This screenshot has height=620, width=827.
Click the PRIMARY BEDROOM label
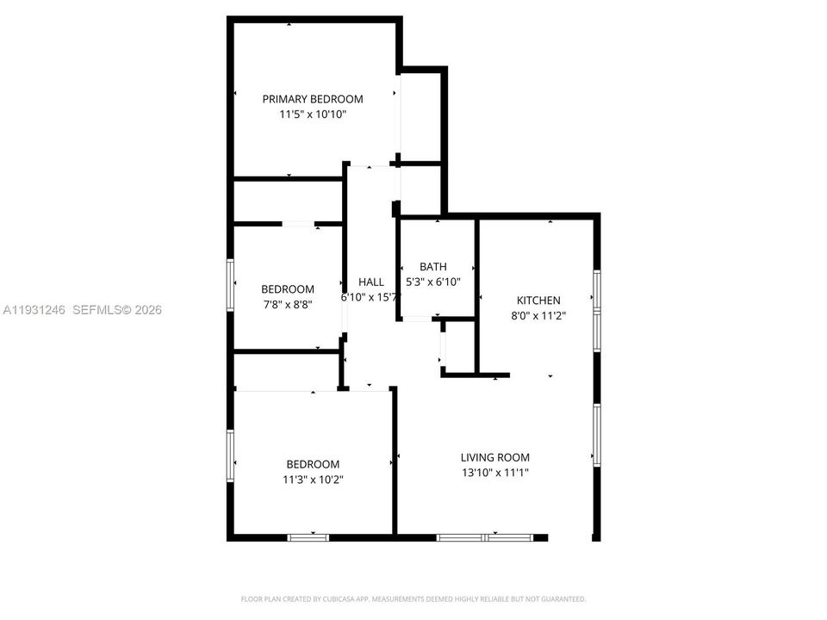313,99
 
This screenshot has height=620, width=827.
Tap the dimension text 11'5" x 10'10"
313,114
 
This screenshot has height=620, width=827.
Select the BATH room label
433,267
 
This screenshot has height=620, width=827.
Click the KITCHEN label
538,301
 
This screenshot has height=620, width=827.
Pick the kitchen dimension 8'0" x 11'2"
538,315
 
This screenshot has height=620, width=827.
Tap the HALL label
371,282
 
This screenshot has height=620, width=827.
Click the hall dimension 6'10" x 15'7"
371,297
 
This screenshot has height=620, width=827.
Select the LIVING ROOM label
494,457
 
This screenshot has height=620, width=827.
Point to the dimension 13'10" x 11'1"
494,472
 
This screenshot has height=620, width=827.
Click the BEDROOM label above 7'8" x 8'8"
288,289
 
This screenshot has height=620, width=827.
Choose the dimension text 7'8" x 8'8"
288,304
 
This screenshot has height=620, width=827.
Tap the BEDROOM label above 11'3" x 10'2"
313,464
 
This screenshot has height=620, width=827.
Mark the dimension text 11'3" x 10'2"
313,479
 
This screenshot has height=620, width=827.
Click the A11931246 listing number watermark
34,310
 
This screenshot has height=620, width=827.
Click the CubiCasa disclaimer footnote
413,598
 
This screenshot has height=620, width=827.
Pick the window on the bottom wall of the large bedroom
308,537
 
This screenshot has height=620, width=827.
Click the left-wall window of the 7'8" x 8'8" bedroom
230,284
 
